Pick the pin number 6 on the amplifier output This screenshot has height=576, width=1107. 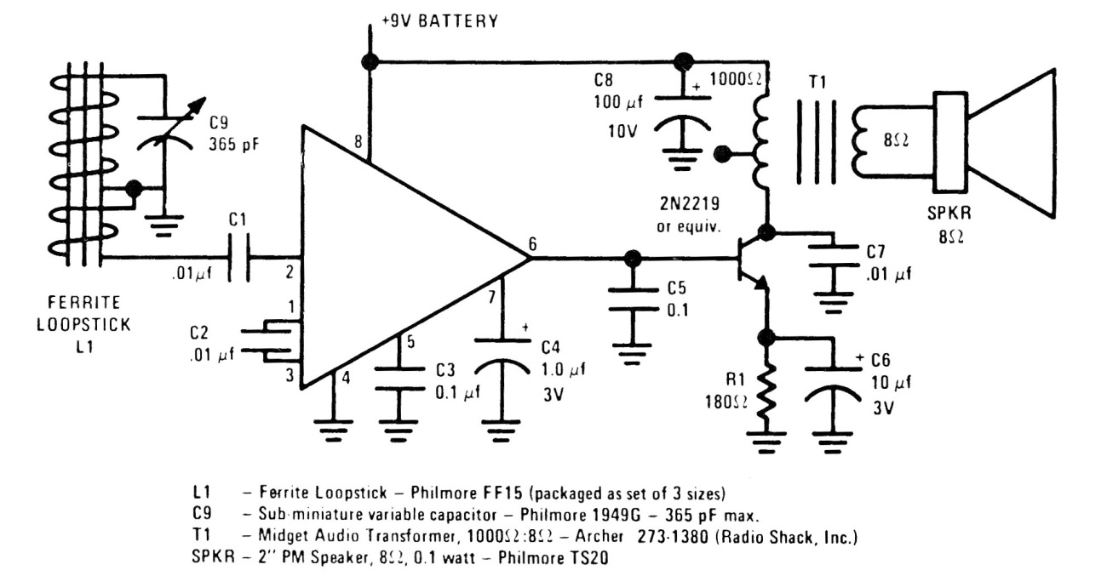[532, 243]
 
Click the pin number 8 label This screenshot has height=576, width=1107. [358, 146]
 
